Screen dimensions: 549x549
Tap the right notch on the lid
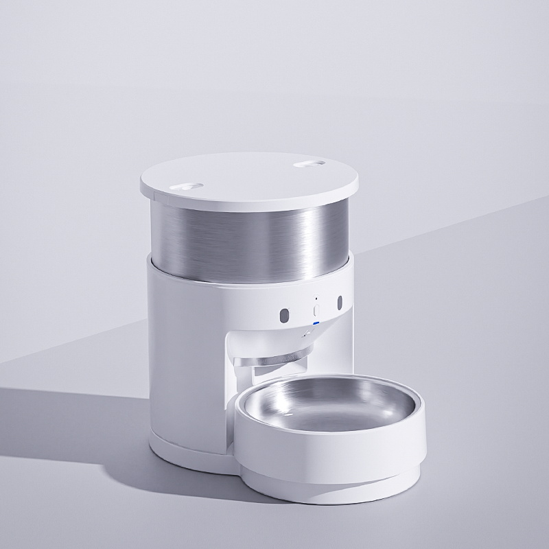click(309, 165)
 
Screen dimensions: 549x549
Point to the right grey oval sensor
click(338, 303)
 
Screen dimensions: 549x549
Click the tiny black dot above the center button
click(316, 299)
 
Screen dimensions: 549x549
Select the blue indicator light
click(316, 323)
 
